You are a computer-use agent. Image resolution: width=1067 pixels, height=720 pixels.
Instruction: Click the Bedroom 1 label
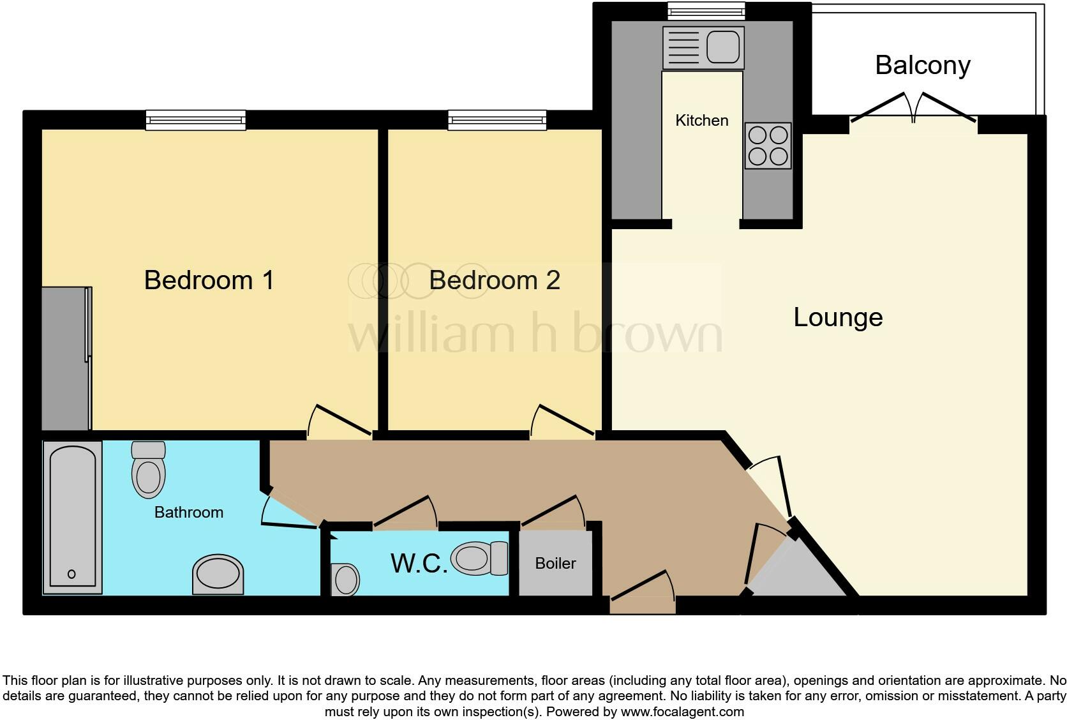(x=209, y=280)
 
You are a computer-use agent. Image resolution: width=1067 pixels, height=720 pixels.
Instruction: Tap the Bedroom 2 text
(x=494, y=280)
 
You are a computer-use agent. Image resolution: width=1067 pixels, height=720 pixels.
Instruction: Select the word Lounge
(x=837, y=317)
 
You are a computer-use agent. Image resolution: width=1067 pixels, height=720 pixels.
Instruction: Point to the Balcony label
(x=922, y=65)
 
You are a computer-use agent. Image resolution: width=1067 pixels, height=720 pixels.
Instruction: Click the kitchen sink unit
(x=703, y=47)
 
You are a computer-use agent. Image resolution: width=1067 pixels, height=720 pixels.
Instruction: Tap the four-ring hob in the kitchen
(x=768, y=146)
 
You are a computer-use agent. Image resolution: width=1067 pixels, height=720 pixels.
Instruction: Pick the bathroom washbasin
(x=218, y=573)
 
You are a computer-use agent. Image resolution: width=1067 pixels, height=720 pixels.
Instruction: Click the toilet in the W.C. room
(x=479, y=559)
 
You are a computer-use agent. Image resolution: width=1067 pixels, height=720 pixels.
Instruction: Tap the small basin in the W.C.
(x=345, y=580)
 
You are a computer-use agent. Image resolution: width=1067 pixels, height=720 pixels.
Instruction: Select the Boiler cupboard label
(x=555, y=564)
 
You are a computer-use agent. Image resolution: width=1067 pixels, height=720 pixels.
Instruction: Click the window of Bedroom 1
(x=195, y=120)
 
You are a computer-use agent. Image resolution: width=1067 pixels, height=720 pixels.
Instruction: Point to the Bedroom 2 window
(x=496, y=120)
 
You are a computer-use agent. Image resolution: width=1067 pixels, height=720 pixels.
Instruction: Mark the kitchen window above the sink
(x=706, y=10)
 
